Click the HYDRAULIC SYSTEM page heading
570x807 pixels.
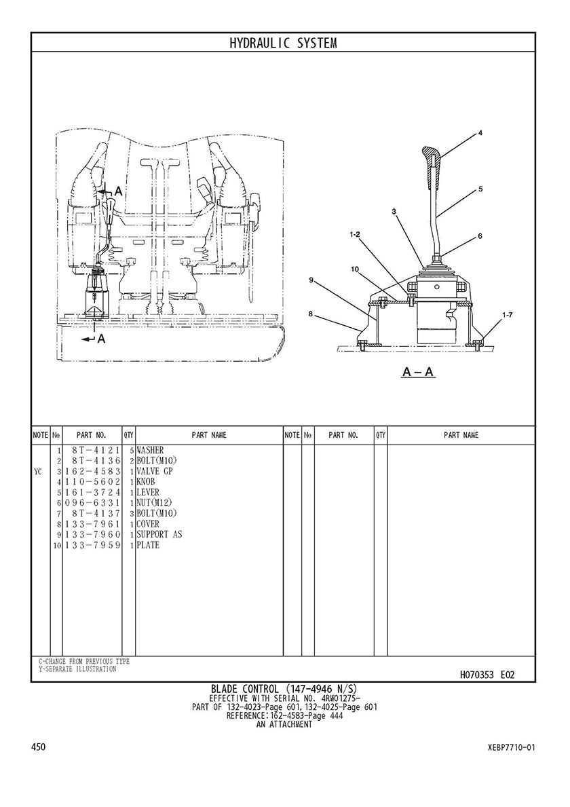pos(283,43)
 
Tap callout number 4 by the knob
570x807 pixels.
pos(480,133)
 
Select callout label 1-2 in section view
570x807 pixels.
pos(354,235)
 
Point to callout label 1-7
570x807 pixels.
pos(508,314)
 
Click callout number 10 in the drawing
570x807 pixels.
pos(355,269)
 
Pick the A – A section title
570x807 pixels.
pos(418,371)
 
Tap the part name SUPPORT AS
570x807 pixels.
pos(159,534)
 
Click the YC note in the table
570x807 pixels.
pos(38,472)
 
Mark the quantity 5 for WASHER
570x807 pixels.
pos(132,451)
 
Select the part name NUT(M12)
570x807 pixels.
pos(154,503)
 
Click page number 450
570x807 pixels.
pos(39,747)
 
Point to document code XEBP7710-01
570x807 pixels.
pos(512,747)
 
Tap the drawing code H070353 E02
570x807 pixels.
pos(487,675)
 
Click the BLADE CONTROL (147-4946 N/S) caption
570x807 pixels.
pos(284,689)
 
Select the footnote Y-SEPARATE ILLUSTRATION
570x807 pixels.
pos(77,669)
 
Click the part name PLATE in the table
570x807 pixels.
pos(148,545)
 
